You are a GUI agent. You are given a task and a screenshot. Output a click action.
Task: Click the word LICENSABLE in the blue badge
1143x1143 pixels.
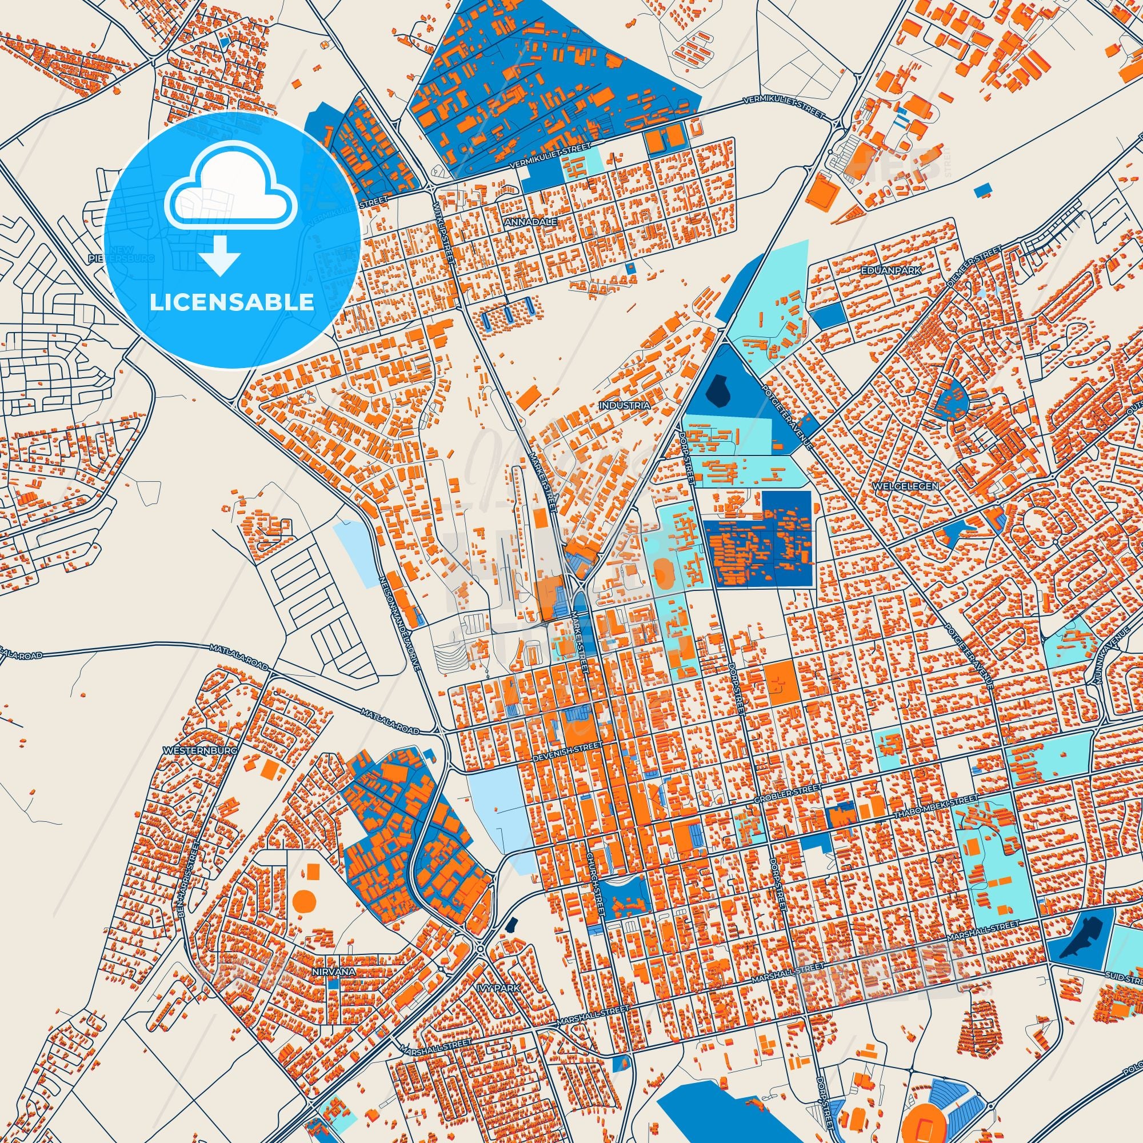coord(232,302)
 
